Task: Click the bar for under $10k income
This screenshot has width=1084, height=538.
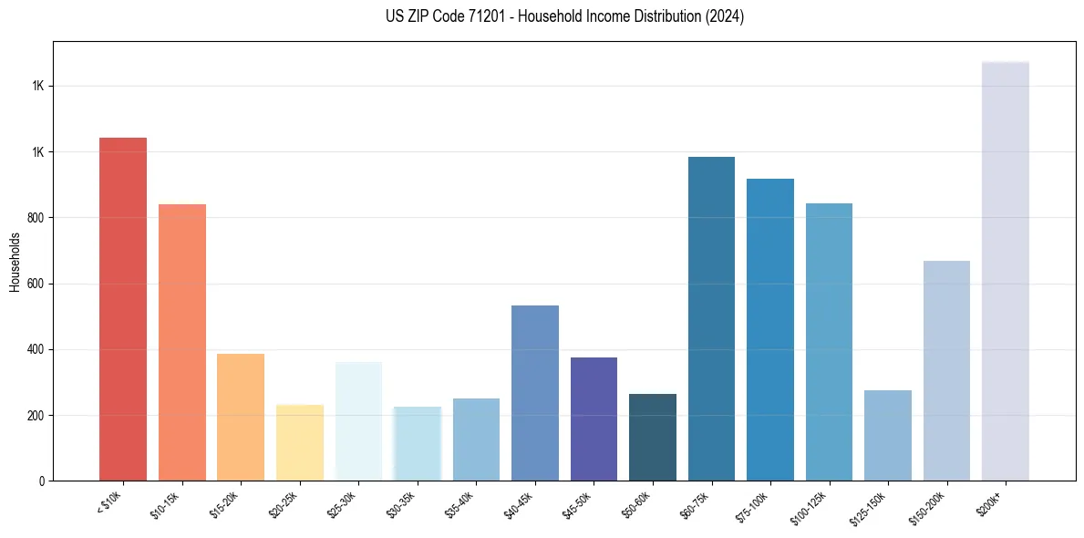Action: (123, 309)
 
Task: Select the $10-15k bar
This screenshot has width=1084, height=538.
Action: (182, 342)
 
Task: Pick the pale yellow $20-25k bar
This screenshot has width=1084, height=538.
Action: (300, 442)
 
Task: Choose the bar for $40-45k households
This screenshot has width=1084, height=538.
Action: (535, 393)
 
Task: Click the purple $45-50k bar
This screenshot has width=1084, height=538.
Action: (594, 419)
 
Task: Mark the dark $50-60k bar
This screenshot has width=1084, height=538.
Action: (653, 437)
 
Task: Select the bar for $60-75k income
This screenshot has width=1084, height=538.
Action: (711, 318)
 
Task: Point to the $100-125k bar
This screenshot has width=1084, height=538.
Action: (829, 342)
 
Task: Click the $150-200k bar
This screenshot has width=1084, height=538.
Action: (946, 370)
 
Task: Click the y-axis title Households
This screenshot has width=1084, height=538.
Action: (15, 262)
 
